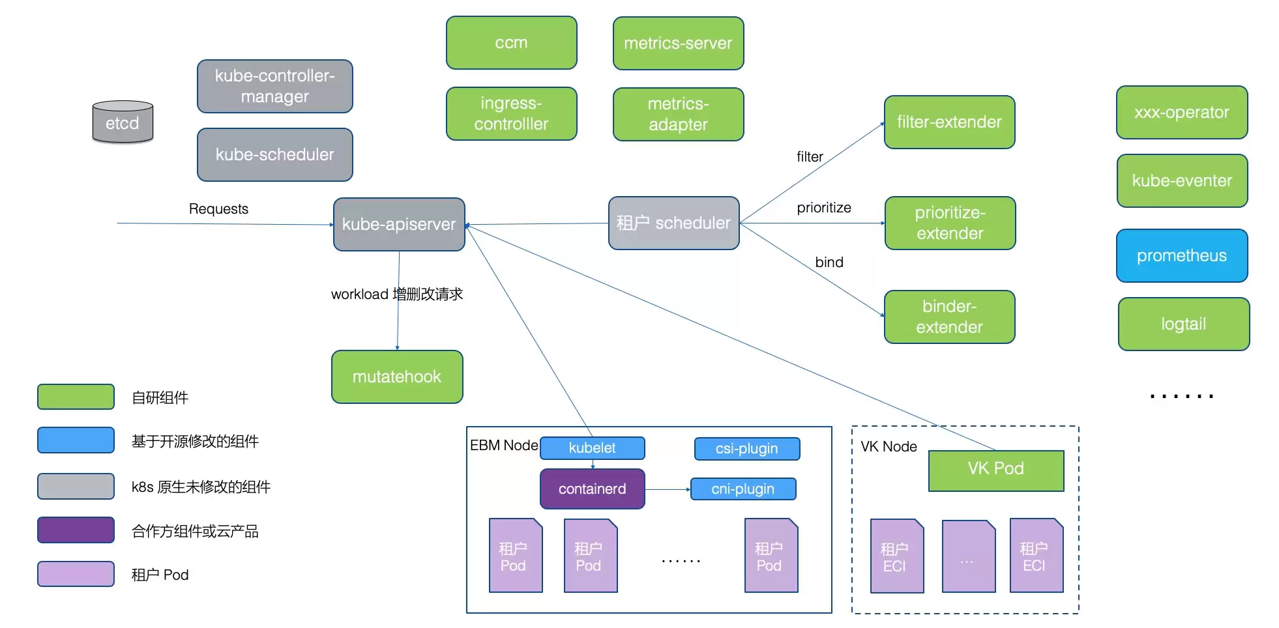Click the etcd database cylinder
pos(123,122)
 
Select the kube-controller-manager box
pos(275,87)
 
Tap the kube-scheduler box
pos(275,154)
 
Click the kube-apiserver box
pos(399,224)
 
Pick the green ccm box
pos(512,43)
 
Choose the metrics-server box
pos(679,44)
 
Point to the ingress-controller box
pos(512,114)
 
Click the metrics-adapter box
pos(679,114)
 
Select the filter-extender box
pos(950,122)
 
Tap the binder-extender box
pos(950,317)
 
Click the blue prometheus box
pos(1182,255)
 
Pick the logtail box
pos(1184,324)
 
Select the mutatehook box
pos(397,377)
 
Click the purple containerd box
pos(593,489)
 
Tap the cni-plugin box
pos(743,489)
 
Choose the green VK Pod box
pos(996,470)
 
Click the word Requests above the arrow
pos(218,209)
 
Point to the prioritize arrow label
pos(824,208)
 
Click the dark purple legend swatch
pos(76,530)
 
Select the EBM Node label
pos(504,446)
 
